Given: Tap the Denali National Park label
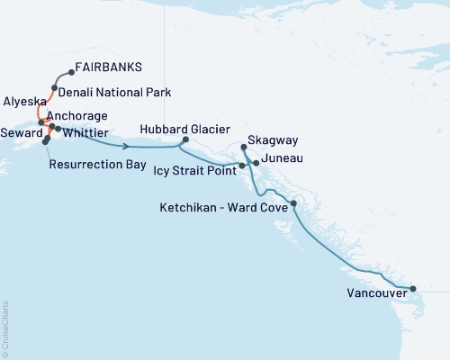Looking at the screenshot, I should point(115,92).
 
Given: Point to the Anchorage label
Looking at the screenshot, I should point(76,116).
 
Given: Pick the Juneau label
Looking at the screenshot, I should point(283,158).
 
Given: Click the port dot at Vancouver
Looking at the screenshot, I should point(413,289).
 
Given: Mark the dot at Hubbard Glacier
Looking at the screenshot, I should point(185,139).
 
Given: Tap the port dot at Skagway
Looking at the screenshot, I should point(244,147).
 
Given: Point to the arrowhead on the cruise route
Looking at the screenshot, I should point(132,146).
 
